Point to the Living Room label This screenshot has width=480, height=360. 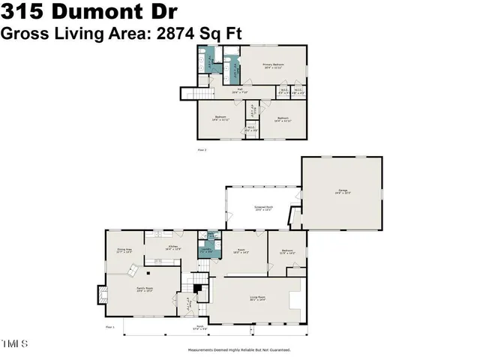259,299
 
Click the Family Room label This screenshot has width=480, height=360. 144,289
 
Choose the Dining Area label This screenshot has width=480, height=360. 124,250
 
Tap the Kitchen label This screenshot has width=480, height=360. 173,247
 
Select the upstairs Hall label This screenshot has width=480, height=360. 240,92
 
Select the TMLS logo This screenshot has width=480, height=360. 15,344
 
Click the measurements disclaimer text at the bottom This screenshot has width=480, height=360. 239,349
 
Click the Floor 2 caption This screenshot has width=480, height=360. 201,150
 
